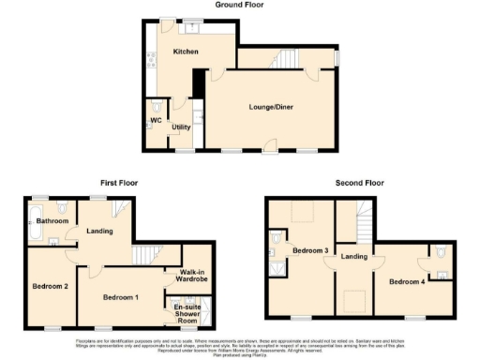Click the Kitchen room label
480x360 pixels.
point(185,52)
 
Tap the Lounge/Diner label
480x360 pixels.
point(268,109)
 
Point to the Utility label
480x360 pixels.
point(181,127)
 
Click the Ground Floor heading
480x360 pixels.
point(239,5)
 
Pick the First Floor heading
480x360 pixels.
point(120,183)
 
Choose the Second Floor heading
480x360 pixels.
point(361,183)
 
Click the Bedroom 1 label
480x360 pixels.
point(121,297)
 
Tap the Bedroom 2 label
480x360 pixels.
point(50,285)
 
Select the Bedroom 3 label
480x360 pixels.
point(309,251)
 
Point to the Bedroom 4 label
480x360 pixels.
point(406,281)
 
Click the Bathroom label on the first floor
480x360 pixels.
point(52,220)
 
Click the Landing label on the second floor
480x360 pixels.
point(353,256)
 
